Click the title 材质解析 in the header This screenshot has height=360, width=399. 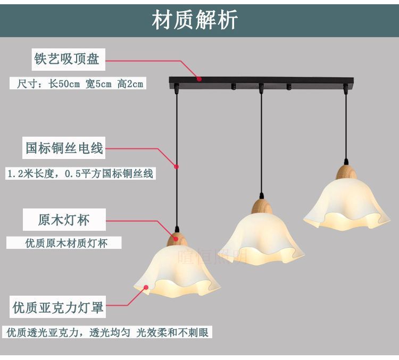click(195, 20)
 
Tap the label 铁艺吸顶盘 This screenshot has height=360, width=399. click(66, 59)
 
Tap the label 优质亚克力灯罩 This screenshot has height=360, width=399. click(58, 307)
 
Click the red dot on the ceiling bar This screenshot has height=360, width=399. click(199, 79)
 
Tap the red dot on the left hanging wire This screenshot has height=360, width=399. click(176, 166)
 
